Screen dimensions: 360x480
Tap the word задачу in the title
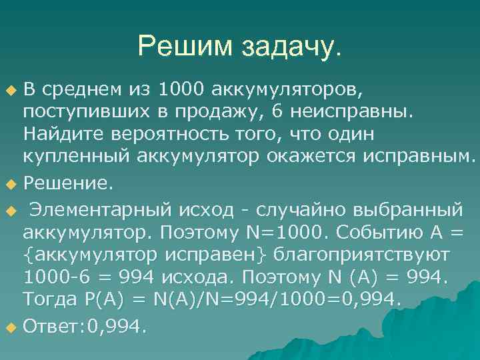click(281, 46)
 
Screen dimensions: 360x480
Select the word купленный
click(78, 156)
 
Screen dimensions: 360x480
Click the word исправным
click(420, 156)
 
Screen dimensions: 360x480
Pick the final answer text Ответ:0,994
click(84, 326)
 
